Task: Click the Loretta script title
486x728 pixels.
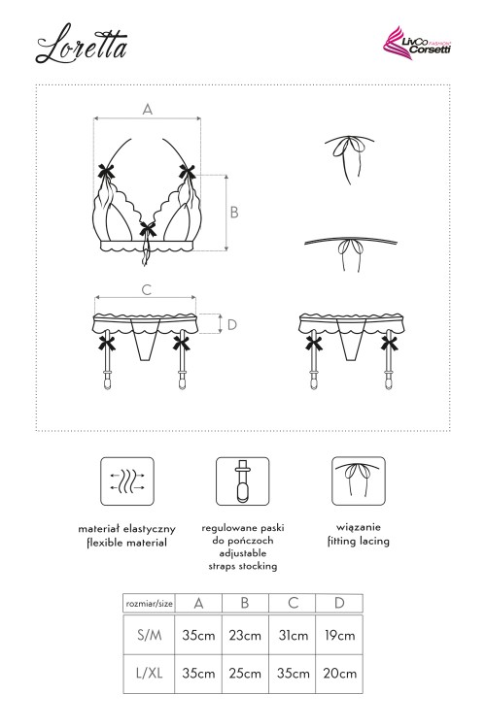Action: [82, 44]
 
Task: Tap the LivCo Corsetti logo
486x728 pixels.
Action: [417, 41]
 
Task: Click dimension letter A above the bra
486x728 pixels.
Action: [148, 109]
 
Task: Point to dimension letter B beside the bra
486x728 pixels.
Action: [234, 213]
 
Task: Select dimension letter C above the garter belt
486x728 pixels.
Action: [147, 289]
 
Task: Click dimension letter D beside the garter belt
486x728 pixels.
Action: [232, 324]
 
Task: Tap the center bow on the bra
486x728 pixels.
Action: [149, 229]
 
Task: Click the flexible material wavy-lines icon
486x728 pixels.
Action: [127, 481]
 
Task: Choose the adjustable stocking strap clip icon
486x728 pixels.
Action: [242, 481]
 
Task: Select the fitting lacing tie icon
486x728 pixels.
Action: [358, 481]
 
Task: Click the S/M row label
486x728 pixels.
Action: [150, 635]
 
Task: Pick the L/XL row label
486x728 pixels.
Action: [150, 673]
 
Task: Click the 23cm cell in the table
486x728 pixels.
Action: [245, 635]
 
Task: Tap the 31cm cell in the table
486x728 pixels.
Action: [293, 635]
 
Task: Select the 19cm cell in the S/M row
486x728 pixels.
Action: [339, 635]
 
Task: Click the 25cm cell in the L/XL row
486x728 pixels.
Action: [245, 674]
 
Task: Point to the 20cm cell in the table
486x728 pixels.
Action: [340, 674]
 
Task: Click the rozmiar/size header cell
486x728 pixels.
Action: [150, 604]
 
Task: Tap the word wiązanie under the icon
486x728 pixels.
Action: [358, 527]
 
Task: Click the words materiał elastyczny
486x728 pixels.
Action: [127, 529]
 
